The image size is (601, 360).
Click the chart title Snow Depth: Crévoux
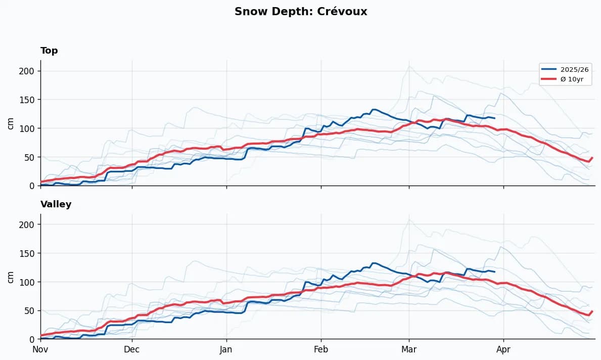point(300,12)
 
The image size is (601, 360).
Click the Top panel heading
point(49,51)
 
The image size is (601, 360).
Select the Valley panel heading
point(56,204)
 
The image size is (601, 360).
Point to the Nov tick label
point(40,349)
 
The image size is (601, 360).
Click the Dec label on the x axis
point(132,349)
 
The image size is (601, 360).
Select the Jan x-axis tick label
point(226,349)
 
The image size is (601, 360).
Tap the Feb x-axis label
point(321,349)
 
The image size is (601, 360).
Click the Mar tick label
point(409,349)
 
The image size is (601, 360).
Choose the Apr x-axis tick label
point(503,349)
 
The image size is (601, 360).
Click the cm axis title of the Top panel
point(11,123)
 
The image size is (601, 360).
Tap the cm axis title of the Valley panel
point(11,277)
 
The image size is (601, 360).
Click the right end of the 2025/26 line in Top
point(495,118)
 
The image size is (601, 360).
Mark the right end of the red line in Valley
point(592,311)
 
